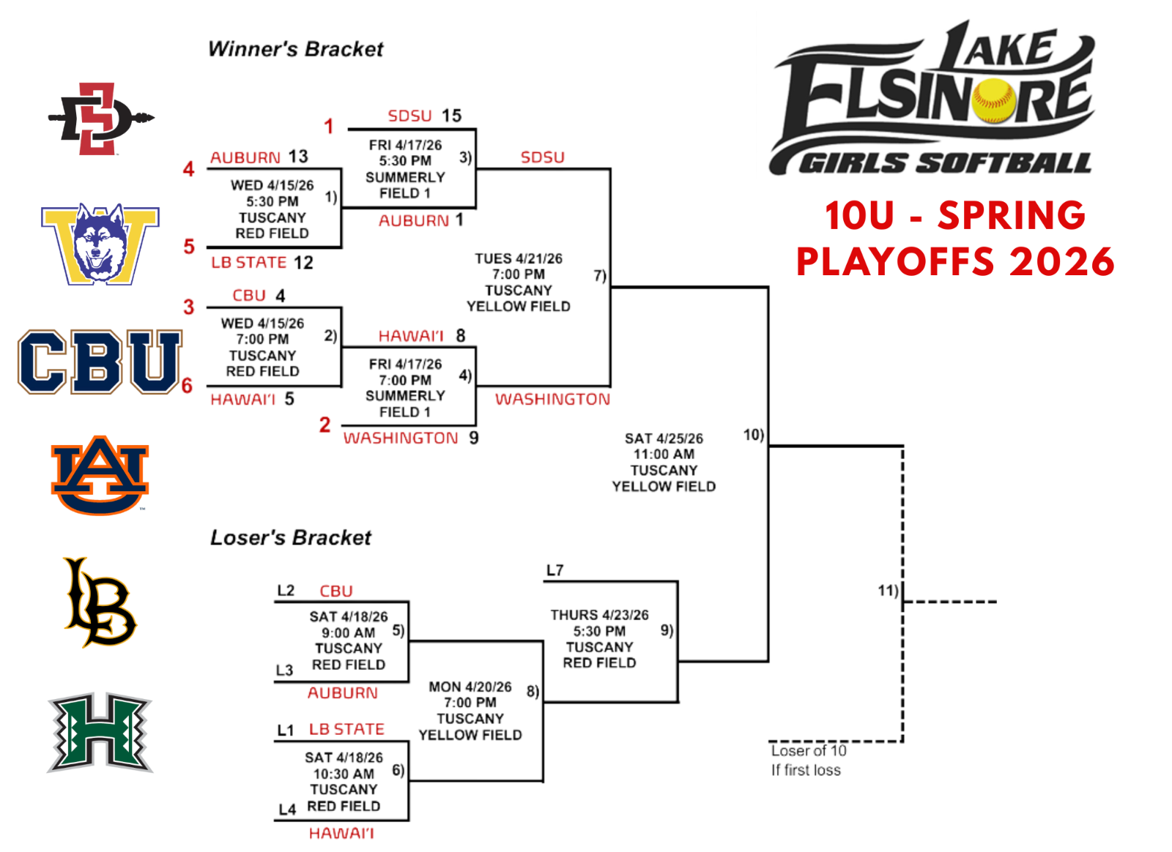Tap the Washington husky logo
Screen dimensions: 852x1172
(100, 244)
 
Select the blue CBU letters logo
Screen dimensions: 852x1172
(100, 362)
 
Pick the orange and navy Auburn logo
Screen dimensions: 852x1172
(100, 475)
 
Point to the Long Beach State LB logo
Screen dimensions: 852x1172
(100, 602)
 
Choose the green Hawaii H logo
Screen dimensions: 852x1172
(100, 732)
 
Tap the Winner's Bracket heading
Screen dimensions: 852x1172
(295, 49)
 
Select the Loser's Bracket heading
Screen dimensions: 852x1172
(290, 538)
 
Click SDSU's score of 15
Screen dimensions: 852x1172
(451, 116)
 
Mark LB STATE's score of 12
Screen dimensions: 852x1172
(303, 263)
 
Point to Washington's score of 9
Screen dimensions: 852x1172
(474, 438)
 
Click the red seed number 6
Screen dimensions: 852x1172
(187, 386)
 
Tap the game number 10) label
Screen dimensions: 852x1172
(753, 435)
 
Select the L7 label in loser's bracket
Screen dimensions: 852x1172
(555, 570)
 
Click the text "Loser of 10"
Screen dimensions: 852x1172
(808, 751)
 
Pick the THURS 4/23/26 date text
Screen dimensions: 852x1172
(599, 615)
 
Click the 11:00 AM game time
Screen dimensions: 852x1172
(664, 454)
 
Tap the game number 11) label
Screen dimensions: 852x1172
(888, 590)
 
